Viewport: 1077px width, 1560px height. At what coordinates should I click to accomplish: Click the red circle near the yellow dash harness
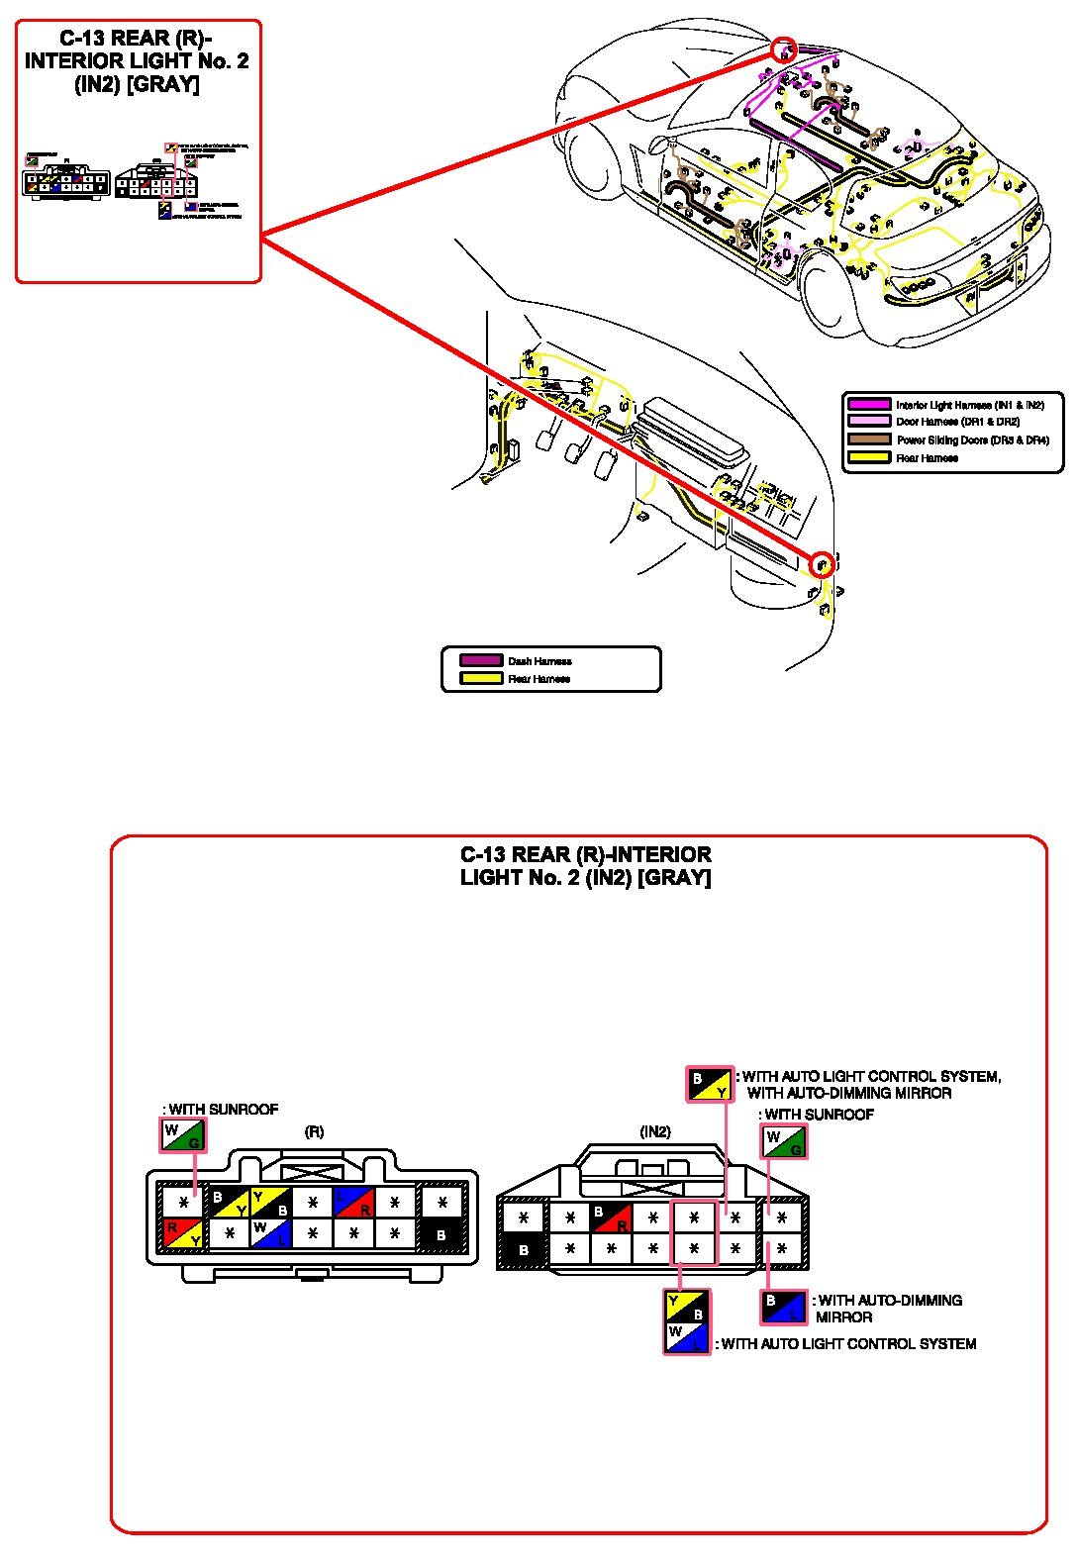click(x=821, y=564)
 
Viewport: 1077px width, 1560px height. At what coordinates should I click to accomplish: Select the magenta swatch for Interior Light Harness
click(x=868, y=404)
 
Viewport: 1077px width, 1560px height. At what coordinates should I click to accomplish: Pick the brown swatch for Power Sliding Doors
click(x=868, y=439)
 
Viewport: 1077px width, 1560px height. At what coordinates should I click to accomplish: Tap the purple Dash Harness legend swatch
click(x=481, y=660)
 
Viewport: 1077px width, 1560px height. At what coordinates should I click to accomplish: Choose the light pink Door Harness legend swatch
click(x=868, y=422)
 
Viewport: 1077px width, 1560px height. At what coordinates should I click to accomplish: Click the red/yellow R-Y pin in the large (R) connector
click(x=183, y=1233)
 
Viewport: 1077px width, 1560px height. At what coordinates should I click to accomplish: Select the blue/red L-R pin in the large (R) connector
click(x=352, y=1203)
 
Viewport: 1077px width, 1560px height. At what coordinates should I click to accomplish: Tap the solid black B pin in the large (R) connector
click(x=441, y=1234)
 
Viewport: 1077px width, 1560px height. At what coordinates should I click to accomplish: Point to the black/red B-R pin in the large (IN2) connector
click(x=611, y=1218)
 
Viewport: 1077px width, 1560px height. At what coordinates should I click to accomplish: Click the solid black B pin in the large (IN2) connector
click(x=524, y=1249)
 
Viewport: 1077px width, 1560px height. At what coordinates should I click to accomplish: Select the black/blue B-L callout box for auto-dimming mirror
click(x=783, y=1308)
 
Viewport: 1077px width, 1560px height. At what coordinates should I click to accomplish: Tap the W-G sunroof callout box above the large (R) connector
click(x=182, y=1134)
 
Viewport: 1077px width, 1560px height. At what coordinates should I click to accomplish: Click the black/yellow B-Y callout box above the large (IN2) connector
click(x=710, y=1084)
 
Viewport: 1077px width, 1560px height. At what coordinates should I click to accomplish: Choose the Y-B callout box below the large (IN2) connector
click(x=687, y=1306)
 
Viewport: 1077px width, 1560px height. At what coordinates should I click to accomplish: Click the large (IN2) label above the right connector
click(x=655, y=1131)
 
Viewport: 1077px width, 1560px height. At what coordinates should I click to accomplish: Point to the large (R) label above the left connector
click(x=313, y=1131)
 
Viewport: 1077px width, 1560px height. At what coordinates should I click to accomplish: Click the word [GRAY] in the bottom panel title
click(x=675, y=877)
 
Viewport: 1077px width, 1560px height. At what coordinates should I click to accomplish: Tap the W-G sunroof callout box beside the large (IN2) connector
click(x=784, y=1142)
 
